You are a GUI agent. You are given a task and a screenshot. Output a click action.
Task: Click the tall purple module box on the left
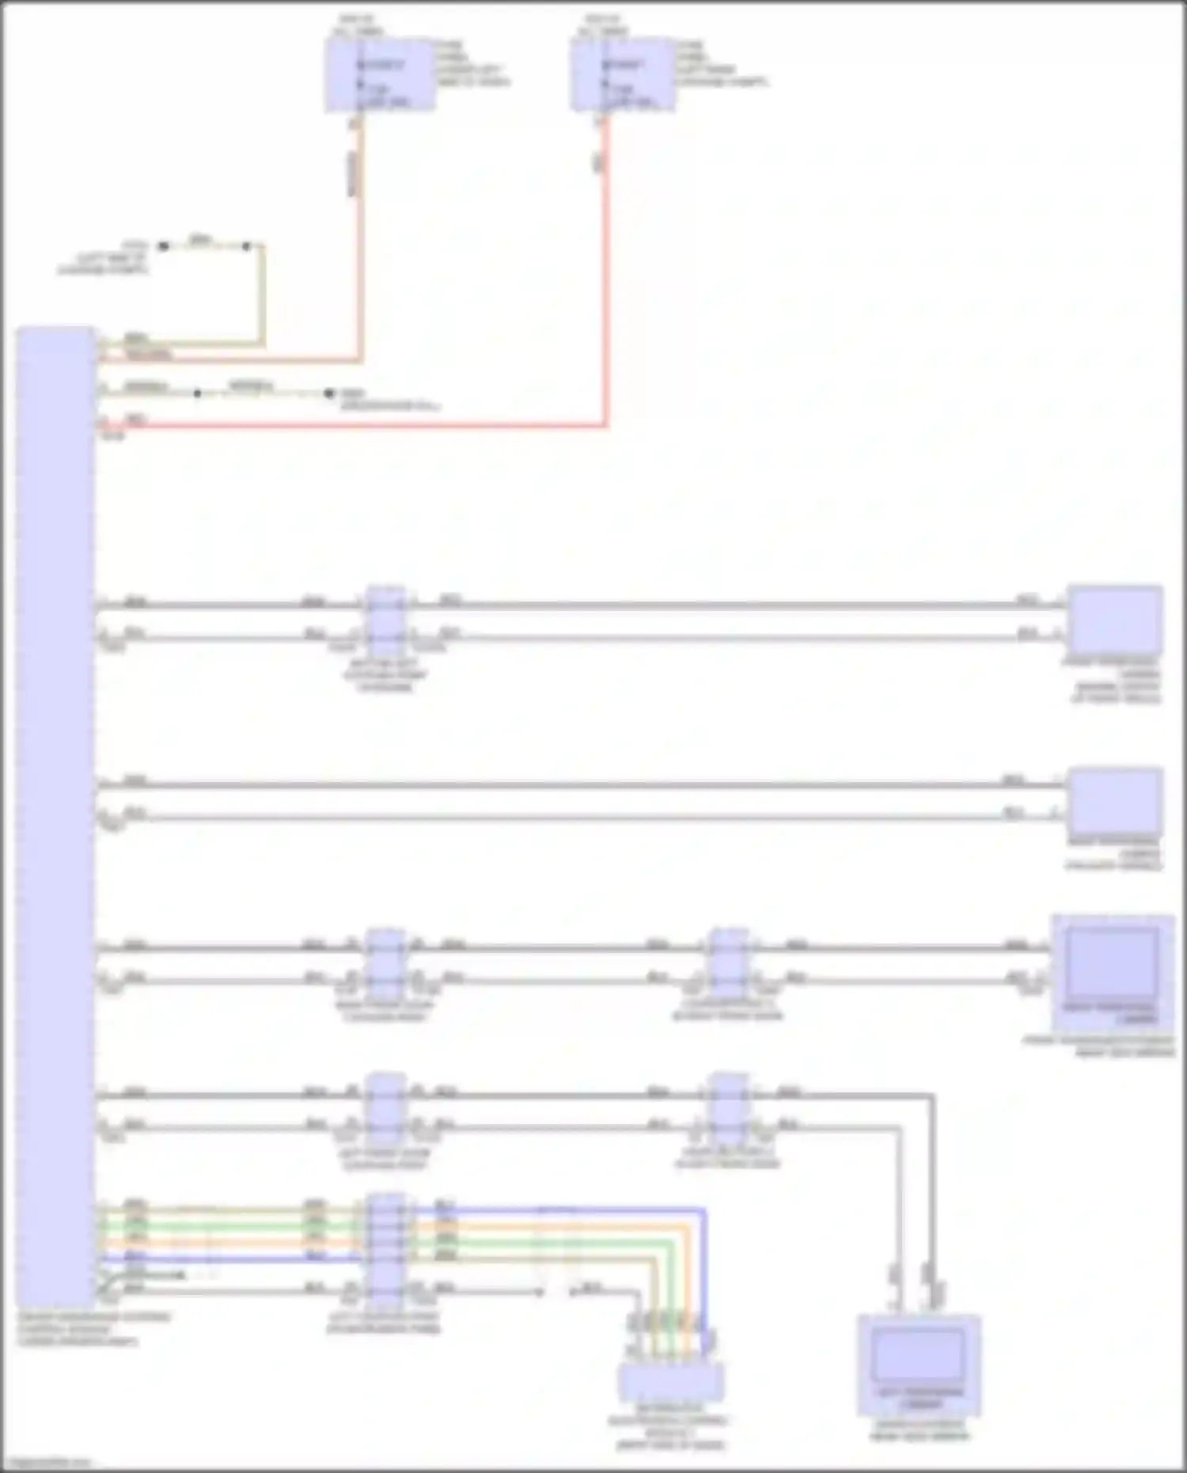click(x=55, y=815)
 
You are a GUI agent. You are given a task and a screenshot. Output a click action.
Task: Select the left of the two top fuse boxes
click(x=380, y=76)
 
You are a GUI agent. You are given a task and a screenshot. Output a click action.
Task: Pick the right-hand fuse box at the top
click(x=624, y=76)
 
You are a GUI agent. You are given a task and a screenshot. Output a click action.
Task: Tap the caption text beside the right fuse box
click(x=720, y=64)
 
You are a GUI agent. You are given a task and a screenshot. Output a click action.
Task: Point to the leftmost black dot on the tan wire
click(x=164, y=246)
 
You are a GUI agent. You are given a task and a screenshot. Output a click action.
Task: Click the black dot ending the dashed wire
click(x=329, y=393)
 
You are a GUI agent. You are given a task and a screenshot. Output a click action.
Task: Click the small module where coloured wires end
click(x=670, y=1381)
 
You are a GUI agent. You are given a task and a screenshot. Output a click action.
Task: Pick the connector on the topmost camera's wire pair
click(x=385, y=621)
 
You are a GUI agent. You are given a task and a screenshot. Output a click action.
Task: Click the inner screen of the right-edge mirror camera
click(x=1113, y=961)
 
